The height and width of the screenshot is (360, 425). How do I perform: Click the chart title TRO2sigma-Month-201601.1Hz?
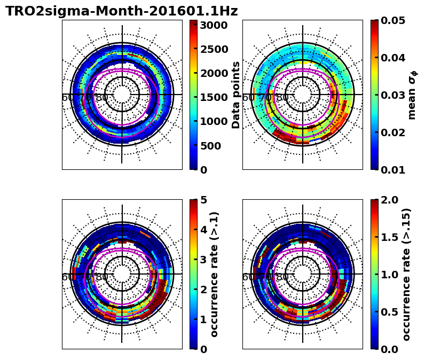pos(122,11)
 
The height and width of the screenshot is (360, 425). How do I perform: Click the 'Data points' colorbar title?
pos(236,95)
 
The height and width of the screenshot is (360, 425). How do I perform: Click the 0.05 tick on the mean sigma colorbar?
pos(390,20)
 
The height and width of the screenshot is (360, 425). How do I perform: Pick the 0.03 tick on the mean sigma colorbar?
pos(390,95)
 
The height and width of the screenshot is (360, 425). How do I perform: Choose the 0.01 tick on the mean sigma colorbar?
pos(390,170)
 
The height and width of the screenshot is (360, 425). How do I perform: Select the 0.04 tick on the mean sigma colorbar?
pos(390,58)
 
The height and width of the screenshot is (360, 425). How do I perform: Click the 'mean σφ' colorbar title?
pos(412,95)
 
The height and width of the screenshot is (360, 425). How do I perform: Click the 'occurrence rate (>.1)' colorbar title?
pos(215,274)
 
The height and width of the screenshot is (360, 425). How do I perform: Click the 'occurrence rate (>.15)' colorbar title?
pos(407,274)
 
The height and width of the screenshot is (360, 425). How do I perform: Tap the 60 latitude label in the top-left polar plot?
pos(68,98)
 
